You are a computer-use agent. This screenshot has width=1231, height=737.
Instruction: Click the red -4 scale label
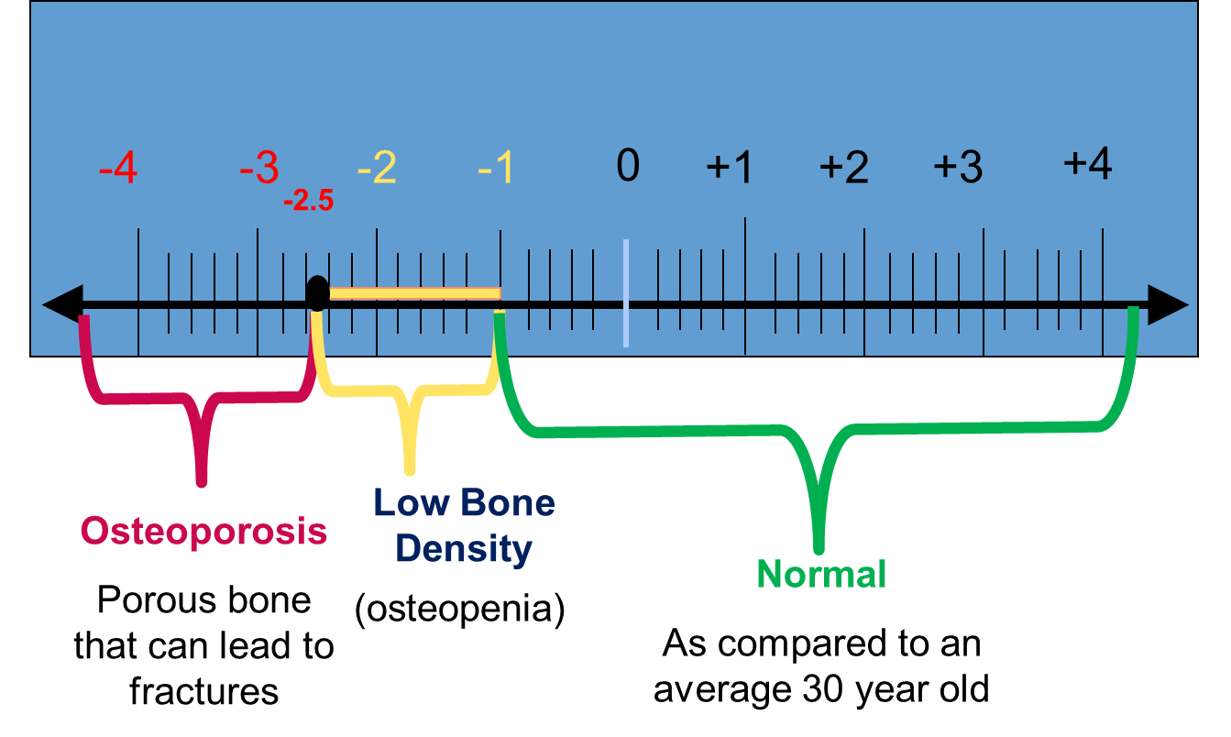click(x=118, y=170)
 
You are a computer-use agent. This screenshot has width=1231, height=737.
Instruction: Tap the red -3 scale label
click(x=258, y=169)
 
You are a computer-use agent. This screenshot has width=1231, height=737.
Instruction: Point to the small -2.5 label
click(x=308, y=201)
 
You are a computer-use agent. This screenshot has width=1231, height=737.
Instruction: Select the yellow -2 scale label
click(x=377, y=169)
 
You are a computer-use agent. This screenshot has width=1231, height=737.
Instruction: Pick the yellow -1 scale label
click(x=497, y=169)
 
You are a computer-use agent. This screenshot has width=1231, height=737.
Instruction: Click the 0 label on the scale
click(x=628, y=167)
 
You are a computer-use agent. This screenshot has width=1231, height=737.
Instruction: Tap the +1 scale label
click(x=730, y=169)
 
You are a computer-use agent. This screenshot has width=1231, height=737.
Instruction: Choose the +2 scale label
click(x=843, y=169)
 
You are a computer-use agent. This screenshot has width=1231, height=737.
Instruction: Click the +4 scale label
click(x=1088, y=165)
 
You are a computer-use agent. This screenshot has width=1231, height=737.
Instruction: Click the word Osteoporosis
click(x=203, y=532)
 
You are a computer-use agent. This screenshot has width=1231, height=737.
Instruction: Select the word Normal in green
click(x=821, y=575)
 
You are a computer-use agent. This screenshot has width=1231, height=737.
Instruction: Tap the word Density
click(x=464, y=549)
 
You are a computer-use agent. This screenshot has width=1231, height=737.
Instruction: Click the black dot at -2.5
click(x=317, y=293)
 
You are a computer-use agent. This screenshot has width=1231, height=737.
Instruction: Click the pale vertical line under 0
click(x=626, y=293)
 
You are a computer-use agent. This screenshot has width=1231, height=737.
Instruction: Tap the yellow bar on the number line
click(x=414, y=294)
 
